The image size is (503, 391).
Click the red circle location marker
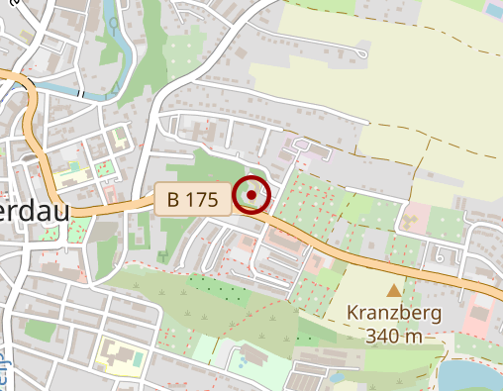point(252,196)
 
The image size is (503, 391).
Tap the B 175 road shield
point(192,199)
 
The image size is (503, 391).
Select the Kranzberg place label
point(394,313)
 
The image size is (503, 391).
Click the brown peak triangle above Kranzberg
point(394,291)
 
